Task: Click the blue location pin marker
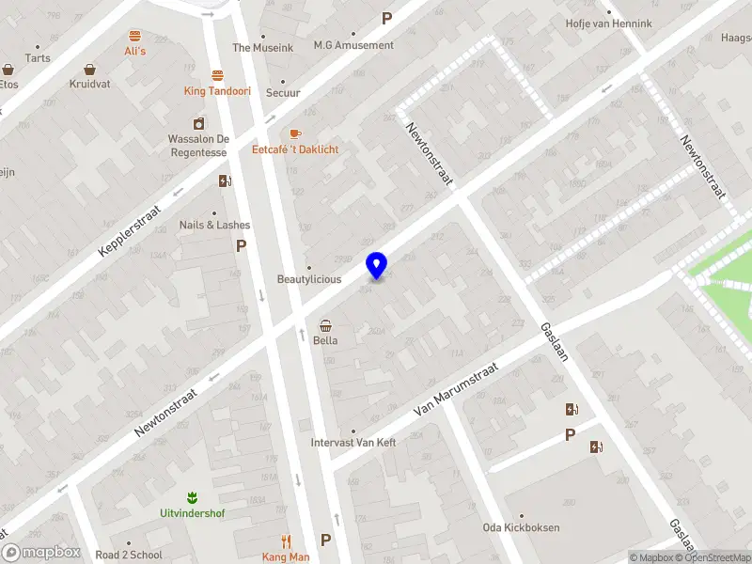377,265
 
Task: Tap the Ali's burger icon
135,35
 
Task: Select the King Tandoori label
217,91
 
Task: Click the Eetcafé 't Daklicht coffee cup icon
295,134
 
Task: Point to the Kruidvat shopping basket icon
89,69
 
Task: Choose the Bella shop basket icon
325,325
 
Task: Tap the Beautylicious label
308,279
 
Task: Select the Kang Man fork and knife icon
286,541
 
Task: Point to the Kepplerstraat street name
130,231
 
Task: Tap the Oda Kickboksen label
522,527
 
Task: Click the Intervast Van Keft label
353,443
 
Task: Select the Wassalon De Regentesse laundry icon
198,123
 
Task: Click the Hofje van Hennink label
608,23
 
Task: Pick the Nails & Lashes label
215,225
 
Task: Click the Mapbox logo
41,553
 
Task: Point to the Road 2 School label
129,555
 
